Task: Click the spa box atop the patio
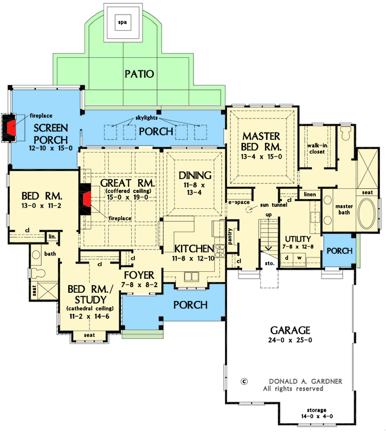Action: pos(124,23)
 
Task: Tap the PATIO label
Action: pos(138,73)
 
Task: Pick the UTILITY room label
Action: pos(298,239)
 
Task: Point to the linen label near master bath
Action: pos(310,194)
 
